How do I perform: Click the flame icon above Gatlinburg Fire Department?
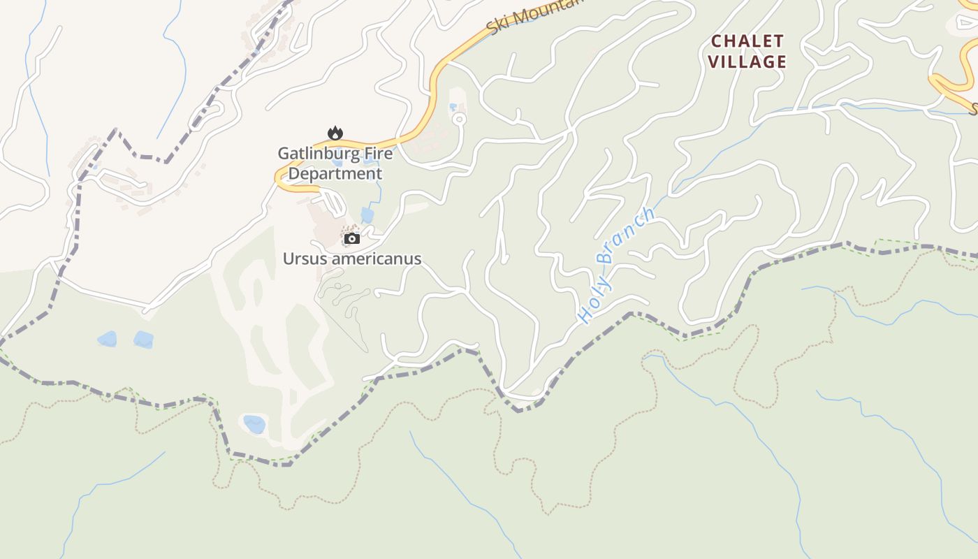click(335, 133)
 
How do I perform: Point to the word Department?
click(335, 173)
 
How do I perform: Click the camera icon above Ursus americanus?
click(352, 239)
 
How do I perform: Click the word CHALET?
click(747, 41)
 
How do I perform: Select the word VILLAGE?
click(747, 61)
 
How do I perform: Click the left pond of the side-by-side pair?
click(107, 340)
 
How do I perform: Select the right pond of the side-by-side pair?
click(143, 340)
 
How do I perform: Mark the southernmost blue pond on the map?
click(254, 424)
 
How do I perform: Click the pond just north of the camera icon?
click(367, 215)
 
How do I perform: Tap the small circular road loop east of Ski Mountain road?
click(459, 119)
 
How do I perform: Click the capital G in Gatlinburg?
click(284, 153)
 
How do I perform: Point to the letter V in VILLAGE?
click(713, 61)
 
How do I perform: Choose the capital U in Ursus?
click(288, 259)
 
